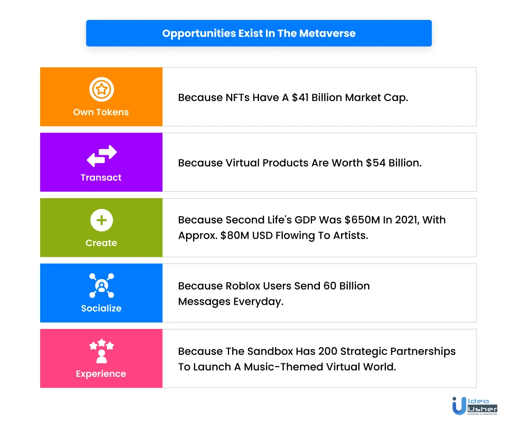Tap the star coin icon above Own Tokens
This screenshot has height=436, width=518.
pos(101,89)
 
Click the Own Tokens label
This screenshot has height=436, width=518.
pos(101,112)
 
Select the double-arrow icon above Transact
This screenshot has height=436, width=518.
pos(102,156)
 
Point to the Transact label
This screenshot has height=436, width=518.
pos(101,177)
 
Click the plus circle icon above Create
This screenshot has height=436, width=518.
pos(101,220)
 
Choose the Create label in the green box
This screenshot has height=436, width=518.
pos(101,243)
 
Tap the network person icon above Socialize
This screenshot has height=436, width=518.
pos(101,285)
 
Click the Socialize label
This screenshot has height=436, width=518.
pos(101,308)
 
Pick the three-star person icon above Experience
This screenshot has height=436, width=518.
pos(101,351)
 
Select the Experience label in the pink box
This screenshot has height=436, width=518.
pos(101,374)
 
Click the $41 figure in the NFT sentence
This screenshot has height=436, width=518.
pos(300,98)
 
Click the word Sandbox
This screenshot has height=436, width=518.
pos(270,351)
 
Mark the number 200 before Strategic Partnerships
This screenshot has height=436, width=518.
pos(328,351)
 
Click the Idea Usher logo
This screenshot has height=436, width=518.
pos(474,406)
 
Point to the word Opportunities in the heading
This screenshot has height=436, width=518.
pos(199,34)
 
